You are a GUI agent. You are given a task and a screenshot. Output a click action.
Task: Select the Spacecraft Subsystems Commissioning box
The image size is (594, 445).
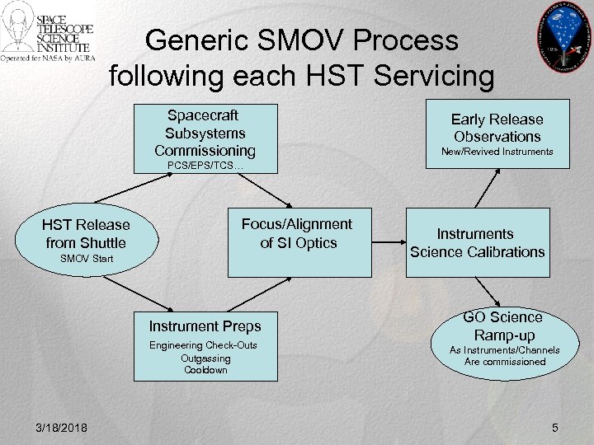coord(205,132)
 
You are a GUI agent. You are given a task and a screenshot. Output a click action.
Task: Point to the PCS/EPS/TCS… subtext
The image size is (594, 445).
coord(205,166)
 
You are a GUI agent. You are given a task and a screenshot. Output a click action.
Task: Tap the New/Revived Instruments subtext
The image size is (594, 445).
coord(497,152)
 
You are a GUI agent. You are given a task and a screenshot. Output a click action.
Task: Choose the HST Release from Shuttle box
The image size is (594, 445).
coord(86,234)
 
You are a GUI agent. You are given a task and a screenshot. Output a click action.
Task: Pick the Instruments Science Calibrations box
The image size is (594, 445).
coord(477,243)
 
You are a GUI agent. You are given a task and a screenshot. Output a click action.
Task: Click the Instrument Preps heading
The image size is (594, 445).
coord(205,326)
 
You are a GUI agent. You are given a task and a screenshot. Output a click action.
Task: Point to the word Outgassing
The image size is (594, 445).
coord(205,358)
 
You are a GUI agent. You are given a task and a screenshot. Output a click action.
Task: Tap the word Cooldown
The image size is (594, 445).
coord(205,370)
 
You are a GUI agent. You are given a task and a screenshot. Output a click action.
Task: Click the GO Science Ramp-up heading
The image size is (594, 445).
coord(502,326)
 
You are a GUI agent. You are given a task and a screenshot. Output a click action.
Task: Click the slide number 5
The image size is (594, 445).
coord(555,426)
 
